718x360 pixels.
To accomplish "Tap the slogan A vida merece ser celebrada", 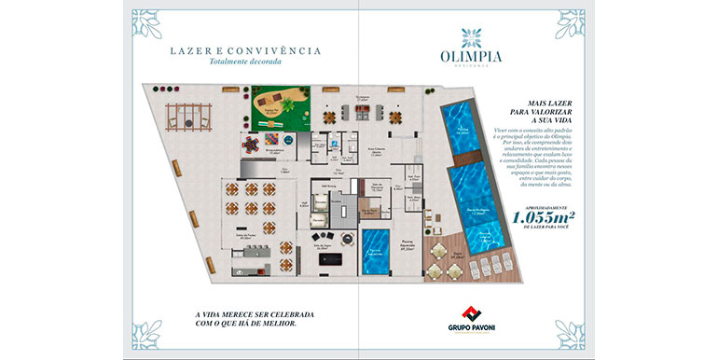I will point(251,316).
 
